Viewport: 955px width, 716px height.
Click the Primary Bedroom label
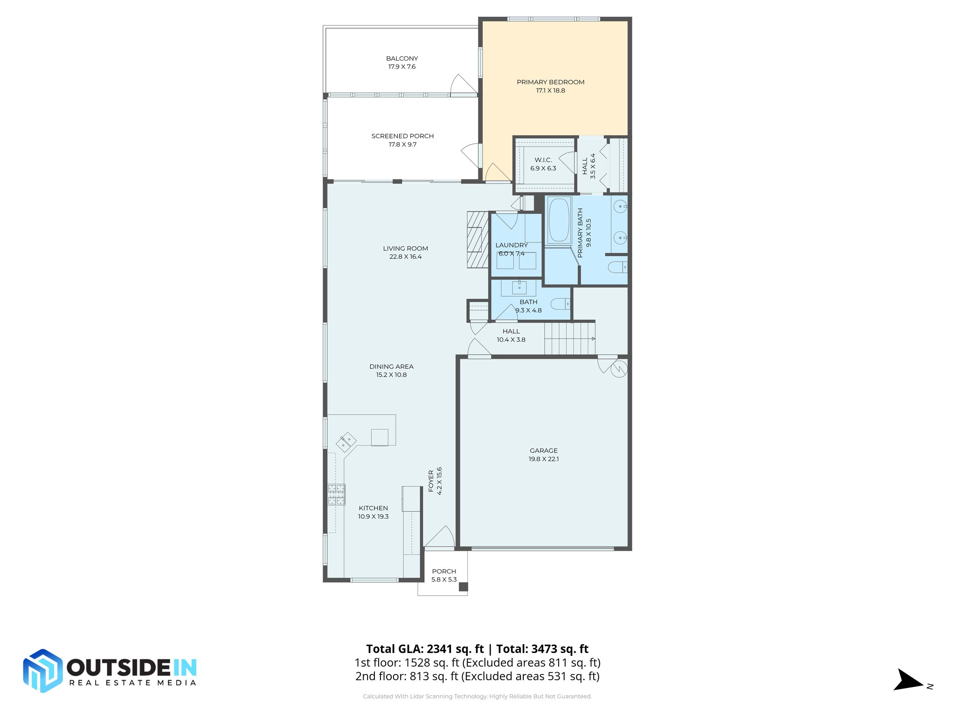(550, 82)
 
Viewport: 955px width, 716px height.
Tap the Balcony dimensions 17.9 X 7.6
(401, 67)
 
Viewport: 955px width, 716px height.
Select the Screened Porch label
(402, 136)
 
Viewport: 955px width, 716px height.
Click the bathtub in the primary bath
(559, 220)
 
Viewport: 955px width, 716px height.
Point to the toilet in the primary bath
(617, 267)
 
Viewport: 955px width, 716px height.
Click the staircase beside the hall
(569, 338)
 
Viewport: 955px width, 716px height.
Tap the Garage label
(543, 450)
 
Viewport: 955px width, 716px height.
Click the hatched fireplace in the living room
(477, 240)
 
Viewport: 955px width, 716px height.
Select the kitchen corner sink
(346, 441)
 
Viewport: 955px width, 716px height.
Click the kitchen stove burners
(336, 495)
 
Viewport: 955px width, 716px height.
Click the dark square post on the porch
(463, 587)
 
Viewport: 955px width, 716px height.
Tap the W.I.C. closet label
(543, 160)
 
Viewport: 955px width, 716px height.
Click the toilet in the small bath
(560, 304)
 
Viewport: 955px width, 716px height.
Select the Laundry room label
(512, 245)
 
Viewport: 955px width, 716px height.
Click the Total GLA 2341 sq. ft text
(425, 649)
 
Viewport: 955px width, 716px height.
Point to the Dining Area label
(391, 366)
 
